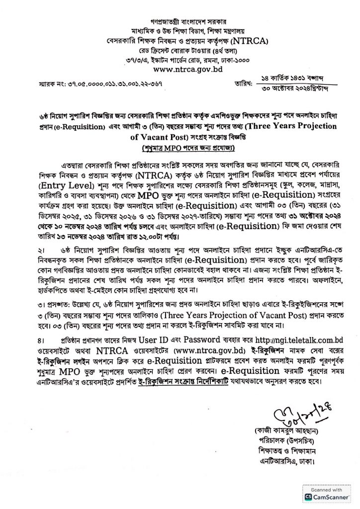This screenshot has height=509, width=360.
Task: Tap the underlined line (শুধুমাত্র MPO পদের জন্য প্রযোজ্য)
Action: [180, 149]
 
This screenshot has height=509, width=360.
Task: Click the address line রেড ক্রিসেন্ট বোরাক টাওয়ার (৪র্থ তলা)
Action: [180, 50]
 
